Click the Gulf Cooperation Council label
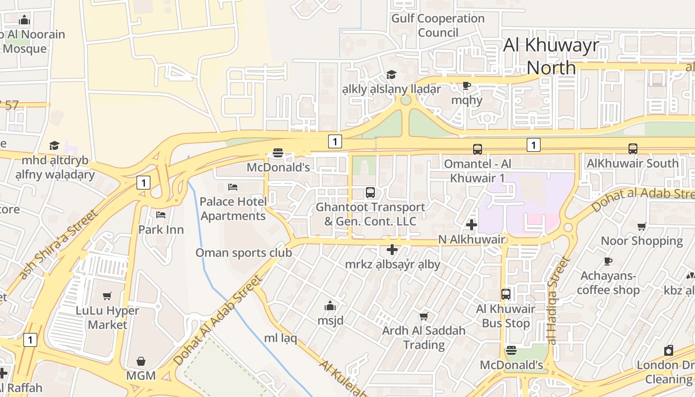(438, 26)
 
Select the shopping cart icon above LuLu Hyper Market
(107, 296)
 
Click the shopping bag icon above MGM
(141, 361)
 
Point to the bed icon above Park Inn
(161, 215)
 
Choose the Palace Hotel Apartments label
(233, 209)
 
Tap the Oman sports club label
(243, 253)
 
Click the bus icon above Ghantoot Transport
(370, 193)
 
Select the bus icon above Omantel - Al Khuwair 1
(477, 149)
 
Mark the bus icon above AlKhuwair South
(632, 148)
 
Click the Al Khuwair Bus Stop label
(506, 316)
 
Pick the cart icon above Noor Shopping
(642, 227)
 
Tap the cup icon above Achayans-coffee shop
(608, 262)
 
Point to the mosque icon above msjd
(330, 306)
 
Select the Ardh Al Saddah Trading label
(424, 337)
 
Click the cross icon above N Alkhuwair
(472, 225)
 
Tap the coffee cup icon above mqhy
(466, 85)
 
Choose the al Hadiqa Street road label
(556, 300)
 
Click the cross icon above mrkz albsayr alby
(392, 250)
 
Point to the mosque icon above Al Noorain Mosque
(24, 20)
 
